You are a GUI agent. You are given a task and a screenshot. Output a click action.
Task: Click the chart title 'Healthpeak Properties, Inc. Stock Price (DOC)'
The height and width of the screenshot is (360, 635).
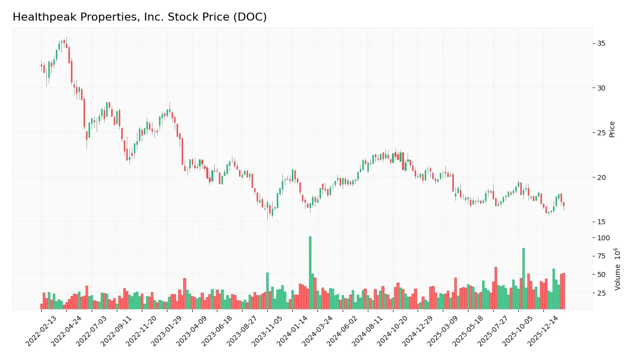click(x=139, y=17)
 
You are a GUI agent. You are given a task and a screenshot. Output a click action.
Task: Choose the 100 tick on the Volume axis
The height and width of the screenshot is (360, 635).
click(x=604, y=238)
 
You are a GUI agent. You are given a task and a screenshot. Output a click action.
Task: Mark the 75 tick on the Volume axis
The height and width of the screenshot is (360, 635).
click(x=602, y=256)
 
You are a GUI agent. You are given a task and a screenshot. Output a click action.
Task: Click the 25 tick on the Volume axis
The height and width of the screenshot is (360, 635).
click(x=602, y=293)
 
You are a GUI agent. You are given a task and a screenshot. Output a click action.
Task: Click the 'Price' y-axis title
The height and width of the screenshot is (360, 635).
click(x=612, y=129)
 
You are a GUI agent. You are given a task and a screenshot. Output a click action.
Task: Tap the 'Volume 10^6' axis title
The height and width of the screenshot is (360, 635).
click(x=617, y=268)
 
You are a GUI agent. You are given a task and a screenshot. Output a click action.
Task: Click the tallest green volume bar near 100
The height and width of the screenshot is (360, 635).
click(x=310, y=273)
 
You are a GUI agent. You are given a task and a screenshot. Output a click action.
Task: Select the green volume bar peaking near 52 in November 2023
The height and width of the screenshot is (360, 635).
click(x=267, y=291)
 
